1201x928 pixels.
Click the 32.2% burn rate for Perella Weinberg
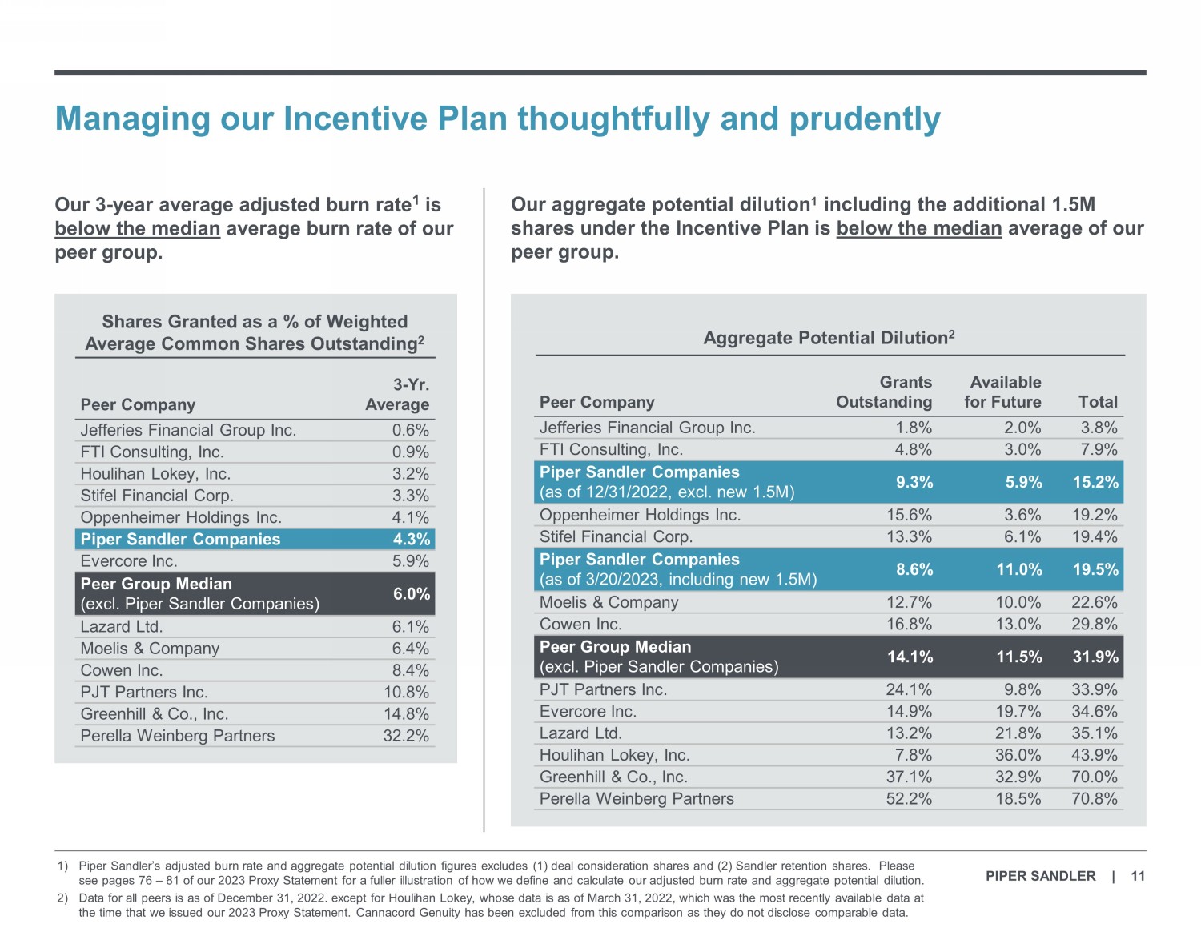tap(406, 736)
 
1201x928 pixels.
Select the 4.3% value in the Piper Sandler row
tap(412, 539)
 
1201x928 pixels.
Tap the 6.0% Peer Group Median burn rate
tap(412, 593)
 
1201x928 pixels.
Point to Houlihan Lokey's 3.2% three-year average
tap(410, 474)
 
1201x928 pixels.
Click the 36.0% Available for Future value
tap(1018, 755)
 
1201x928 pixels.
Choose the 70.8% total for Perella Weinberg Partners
tap(1095, 798)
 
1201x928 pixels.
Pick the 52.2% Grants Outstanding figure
tap(909, 798)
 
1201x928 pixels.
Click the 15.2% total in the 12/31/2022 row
tap(1095, 482)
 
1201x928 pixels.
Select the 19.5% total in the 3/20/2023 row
tap(1095, 569)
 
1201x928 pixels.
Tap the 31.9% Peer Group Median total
tap(1095, 657)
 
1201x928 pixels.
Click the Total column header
tap(1098, 402)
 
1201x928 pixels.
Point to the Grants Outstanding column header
tap(884, 392)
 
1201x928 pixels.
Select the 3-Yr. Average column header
tap(397, 395)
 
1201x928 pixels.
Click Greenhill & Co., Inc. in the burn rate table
tap(155, 714)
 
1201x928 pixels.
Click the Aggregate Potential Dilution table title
tap(829, 338)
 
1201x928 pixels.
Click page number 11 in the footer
tap(1138, 876)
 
